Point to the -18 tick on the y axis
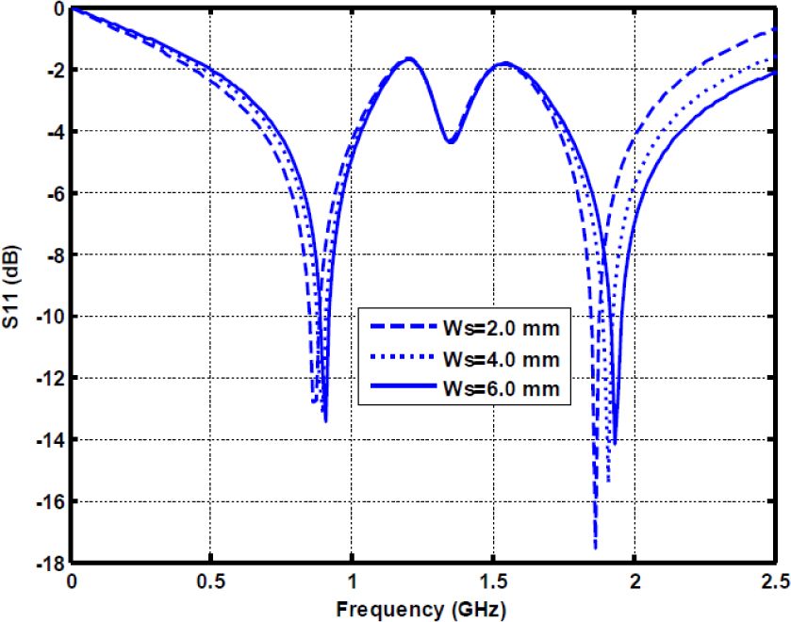coord(48,564)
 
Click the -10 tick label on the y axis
coord(48,317)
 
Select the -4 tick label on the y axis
coord(53,131)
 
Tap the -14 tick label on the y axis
coord(48,440)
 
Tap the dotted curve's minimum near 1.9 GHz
coord(608,482)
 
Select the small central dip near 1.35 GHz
coord(451,142)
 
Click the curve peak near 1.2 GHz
coord(409,58)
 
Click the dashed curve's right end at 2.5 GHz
coord(775,29)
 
